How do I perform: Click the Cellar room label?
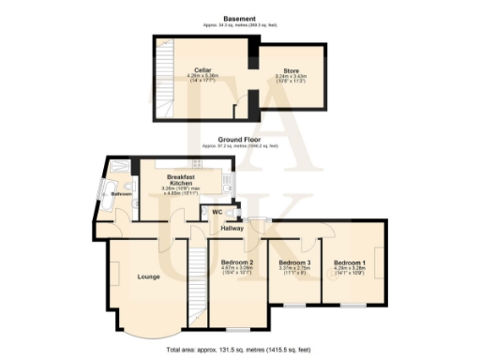tap(202, 69)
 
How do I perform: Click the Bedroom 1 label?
tap(351, 262)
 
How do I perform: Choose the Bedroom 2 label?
tap(238, 262)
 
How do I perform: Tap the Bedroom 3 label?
tap(294, 262)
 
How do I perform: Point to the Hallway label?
tap(232, 227)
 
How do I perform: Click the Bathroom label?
tap(122, 194)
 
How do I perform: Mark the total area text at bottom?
tap(240, 351)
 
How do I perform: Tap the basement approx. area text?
tap(240, 27)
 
